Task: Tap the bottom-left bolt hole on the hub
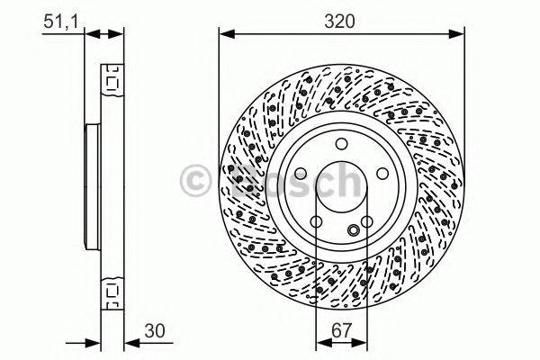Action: point(317,221)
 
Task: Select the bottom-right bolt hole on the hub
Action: point(367,221)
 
